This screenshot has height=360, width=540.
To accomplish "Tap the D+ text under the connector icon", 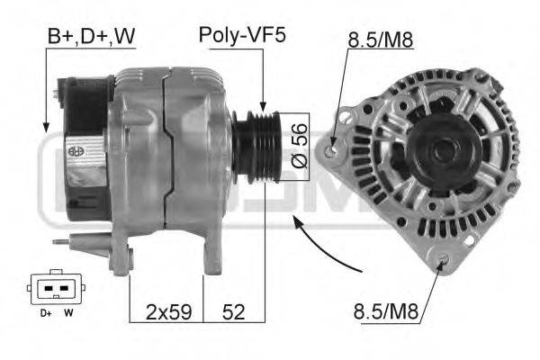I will click(x=44, y=313).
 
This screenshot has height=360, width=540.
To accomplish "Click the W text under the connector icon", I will click(x=68, y=313).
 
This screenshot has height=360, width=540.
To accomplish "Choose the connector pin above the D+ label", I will click(x=48, y=291).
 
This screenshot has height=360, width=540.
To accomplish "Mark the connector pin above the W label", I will click(x=65, y=291).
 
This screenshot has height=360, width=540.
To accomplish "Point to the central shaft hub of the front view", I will click(x=443, y=150).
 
